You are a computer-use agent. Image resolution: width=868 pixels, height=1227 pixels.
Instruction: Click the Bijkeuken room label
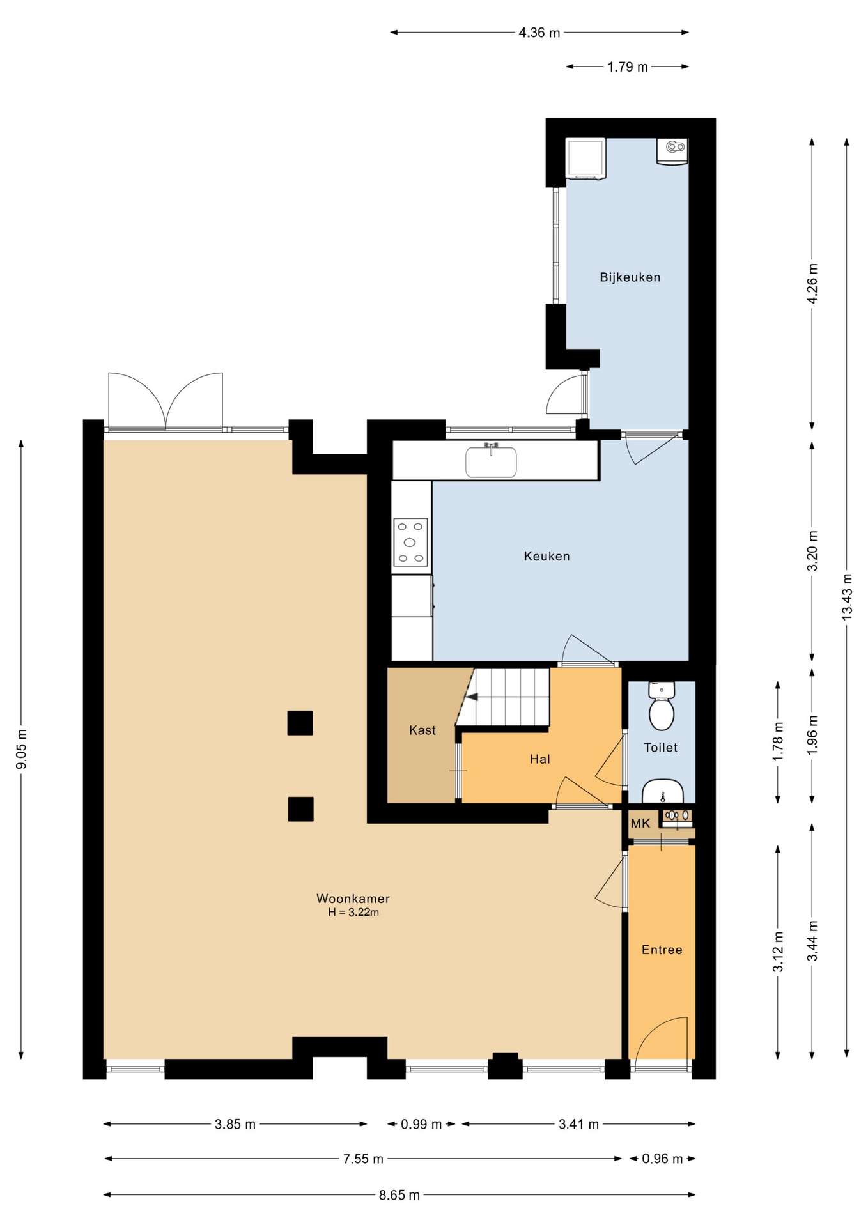630,277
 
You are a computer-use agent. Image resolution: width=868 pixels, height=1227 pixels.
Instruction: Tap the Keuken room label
546,556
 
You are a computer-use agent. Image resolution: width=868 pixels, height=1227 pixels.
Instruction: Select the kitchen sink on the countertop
491,461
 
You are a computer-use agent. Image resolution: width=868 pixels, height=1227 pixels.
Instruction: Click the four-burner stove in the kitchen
410,543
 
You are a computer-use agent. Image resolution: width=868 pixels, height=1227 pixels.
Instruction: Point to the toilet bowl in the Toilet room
662,713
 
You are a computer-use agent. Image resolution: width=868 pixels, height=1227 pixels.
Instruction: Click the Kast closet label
422,730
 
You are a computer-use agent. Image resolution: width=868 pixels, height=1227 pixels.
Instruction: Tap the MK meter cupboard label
640,824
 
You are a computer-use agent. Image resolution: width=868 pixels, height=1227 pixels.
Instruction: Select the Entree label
662,950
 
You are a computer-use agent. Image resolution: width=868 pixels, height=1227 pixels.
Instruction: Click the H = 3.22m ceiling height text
353,913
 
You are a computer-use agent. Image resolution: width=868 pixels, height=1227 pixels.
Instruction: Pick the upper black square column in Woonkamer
300,723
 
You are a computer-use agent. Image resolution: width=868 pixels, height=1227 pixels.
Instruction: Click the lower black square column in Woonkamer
300,808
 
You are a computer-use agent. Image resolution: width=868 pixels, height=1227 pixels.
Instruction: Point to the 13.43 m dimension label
847,596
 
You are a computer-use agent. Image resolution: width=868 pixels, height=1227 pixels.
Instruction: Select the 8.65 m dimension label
399,1195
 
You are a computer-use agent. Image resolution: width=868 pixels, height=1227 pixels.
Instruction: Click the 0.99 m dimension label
421,1124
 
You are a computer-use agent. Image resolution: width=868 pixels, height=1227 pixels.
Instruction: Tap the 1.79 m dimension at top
628,66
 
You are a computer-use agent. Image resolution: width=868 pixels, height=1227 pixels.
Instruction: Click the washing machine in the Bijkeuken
585,158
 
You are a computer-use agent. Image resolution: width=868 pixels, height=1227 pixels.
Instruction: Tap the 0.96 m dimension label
662,1159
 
